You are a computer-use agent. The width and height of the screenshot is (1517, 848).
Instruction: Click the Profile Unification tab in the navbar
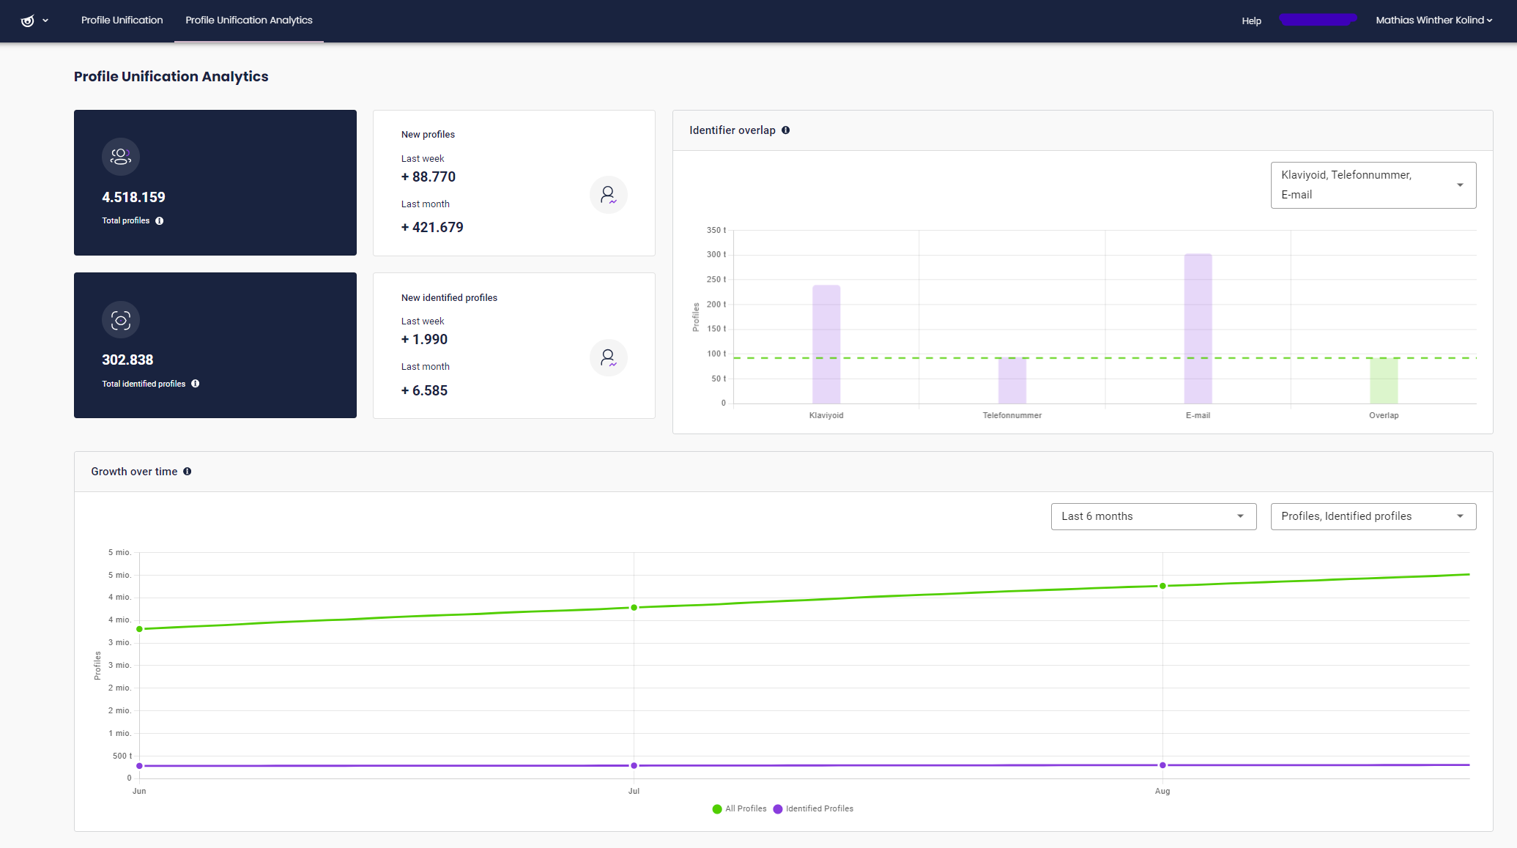122,21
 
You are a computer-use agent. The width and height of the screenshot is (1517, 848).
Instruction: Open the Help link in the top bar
1251,21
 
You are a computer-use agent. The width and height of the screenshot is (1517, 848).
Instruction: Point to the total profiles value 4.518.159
133,197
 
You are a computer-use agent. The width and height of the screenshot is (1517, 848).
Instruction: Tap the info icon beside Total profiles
160,221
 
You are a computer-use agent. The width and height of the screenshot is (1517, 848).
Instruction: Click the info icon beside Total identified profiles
196,384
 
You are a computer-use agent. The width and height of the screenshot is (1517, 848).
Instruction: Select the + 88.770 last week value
429,176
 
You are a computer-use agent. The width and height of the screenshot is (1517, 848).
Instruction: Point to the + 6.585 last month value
424,390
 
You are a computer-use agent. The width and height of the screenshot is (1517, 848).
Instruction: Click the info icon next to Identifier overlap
786,130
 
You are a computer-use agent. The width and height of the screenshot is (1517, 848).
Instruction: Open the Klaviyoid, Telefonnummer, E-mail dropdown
1373,185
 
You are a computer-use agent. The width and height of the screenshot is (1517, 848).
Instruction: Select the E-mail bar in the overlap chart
1198,329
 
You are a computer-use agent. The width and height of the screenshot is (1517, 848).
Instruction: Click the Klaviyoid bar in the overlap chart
826,344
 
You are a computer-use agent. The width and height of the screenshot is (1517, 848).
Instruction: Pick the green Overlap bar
1384,381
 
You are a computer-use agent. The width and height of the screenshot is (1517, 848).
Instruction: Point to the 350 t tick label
716,230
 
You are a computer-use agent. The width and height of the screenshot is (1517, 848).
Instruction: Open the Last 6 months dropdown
1154,516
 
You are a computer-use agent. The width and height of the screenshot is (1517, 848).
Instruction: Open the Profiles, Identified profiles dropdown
1373,516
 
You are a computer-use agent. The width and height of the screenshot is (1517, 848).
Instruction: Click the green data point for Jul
634,608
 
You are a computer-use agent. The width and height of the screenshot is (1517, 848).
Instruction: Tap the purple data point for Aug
1162,765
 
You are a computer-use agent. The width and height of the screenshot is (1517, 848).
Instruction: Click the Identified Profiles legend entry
813,809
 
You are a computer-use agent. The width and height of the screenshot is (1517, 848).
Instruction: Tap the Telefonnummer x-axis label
1012,416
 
